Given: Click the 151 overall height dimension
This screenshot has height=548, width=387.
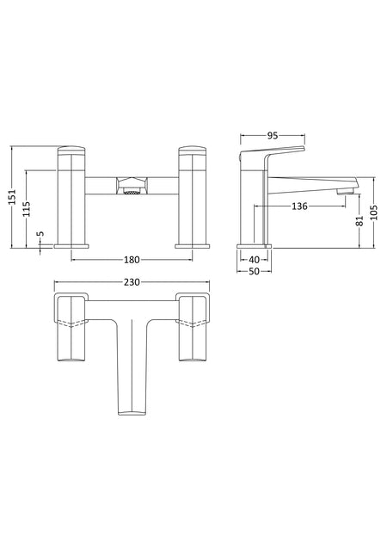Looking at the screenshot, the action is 13,197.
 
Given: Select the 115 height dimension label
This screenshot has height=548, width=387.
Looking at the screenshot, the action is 27,209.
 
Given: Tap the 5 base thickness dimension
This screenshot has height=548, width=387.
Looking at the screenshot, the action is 40,233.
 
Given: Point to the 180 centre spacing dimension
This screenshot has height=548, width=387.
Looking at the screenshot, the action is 132,260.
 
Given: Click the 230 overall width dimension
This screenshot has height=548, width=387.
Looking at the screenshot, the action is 132,281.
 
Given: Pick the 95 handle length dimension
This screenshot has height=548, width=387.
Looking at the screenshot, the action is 273,135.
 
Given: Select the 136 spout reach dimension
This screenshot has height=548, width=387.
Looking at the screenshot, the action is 299,206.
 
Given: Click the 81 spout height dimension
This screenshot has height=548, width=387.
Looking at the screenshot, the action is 359,221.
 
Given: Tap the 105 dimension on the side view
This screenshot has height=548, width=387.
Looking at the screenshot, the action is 374,212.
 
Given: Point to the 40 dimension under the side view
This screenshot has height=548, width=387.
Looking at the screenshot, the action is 255,260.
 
